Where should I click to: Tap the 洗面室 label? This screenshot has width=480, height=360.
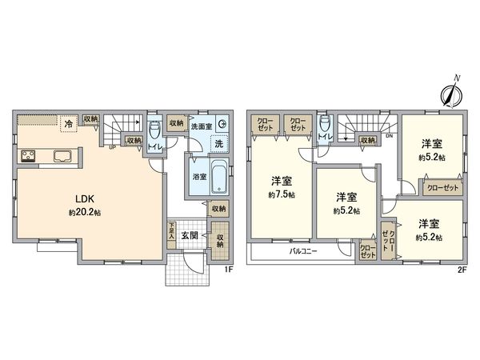click(x=201, y=126)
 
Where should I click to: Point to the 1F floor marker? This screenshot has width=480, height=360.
click(x=227, y=269)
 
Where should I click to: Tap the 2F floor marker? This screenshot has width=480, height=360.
click(x=461, y=270)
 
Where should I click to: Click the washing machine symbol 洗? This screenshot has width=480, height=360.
click(x=218, y=143)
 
